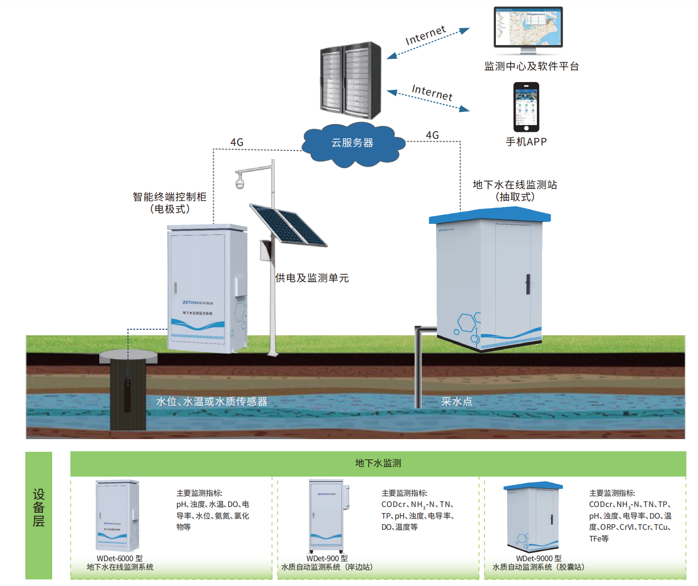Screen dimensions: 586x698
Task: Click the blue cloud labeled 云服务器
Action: pyautogui.click(x=353, y=143)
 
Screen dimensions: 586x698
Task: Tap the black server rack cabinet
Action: pyautogui.click(x=351, y=80)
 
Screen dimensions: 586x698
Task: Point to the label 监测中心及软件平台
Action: pyautogui.click(x=531, y=66)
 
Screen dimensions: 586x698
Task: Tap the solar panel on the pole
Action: pyautogui.click(x=288, y=225)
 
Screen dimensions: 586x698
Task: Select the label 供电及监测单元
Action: pyautogui.click(x=312, y=278)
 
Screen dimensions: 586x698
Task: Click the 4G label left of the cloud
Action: pyautogui.click(x=237, y=142)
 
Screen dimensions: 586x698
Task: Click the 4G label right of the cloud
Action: pyautogui.click(x=432, y=135)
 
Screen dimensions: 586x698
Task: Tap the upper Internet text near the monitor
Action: pyautogui.click(x=425, y=35)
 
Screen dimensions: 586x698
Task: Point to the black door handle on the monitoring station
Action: pyautogui.click(x=527, y=284)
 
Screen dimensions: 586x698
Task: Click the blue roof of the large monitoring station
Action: pyautogui.click(x=489, y=215)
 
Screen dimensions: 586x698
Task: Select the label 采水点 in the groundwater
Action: pyautogui.click(x=456, y=402)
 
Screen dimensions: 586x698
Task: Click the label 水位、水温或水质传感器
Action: pyautogui.click(x=212, y=402)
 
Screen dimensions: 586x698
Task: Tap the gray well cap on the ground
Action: pyautogui.click(x=128, y=357)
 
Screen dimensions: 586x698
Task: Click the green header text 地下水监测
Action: pyautogui.click(x=378, y=463)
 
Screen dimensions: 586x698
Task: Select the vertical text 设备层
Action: pyautogui.click(x=39, y=507)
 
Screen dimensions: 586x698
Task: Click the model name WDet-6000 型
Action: pyautogui.click(x=120, y=558)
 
